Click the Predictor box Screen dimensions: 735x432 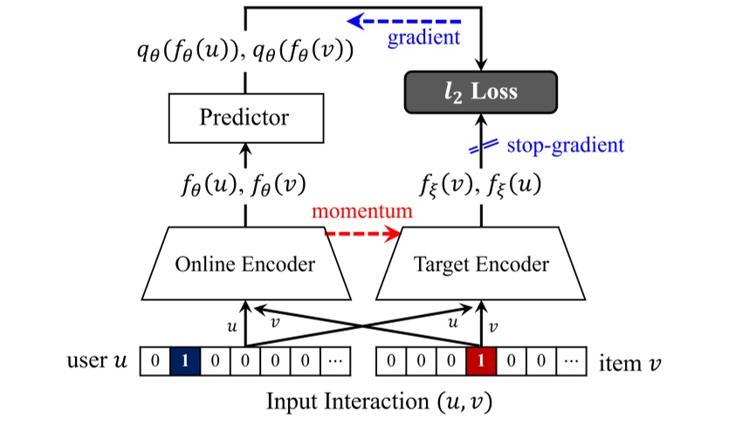246,118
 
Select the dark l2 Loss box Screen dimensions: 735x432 481,93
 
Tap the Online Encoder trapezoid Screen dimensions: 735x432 246,264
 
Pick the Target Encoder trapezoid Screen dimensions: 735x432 481,264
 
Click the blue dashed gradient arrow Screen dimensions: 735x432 403,21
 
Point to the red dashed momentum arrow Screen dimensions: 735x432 363,233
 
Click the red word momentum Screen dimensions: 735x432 362,211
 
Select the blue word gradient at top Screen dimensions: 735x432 423,38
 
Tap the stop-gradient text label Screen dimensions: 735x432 566,145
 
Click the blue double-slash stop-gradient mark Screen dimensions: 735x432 484,147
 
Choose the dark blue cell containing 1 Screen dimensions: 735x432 185,361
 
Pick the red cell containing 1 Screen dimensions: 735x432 481,361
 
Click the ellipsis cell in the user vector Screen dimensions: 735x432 335,361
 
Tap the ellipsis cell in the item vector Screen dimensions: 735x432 571,361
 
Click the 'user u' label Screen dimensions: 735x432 97,360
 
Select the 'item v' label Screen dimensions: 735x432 629,363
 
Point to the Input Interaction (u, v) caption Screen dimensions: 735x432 379,402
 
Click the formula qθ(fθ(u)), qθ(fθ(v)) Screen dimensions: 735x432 245,51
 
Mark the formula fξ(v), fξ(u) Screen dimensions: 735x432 480,185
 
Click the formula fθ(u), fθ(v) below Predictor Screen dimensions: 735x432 244,185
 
